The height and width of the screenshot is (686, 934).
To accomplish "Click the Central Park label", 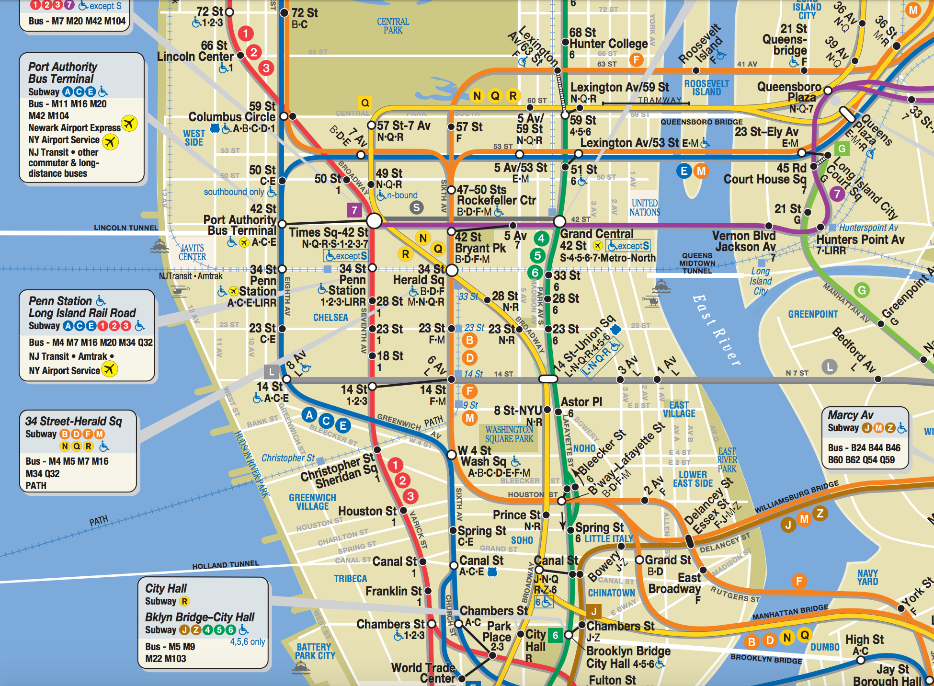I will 393,26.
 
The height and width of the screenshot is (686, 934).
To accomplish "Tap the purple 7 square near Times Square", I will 354,210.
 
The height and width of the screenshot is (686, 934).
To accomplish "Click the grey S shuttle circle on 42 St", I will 416,207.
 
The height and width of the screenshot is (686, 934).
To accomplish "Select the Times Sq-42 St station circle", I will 374,221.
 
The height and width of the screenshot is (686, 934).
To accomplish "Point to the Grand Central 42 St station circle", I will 559,221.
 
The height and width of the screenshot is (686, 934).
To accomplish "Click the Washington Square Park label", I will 509,434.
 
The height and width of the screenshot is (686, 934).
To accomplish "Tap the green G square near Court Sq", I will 842,149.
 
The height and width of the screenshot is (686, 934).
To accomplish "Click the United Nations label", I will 644,207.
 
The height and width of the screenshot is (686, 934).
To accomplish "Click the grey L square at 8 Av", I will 272,371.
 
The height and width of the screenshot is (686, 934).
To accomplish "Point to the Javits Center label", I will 192,252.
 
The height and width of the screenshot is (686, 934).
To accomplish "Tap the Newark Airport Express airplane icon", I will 129,123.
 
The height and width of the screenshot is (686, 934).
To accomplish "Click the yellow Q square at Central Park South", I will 365,103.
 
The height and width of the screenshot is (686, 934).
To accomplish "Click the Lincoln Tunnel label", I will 125,228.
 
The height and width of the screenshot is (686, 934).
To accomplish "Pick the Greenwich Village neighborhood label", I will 312,502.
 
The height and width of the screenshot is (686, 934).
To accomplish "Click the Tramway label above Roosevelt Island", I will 660,100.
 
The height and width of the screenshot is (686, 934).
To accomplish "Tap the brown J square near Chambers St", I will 593,611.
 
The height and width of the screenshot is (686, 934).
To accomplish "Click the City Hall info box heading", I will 166,588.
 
